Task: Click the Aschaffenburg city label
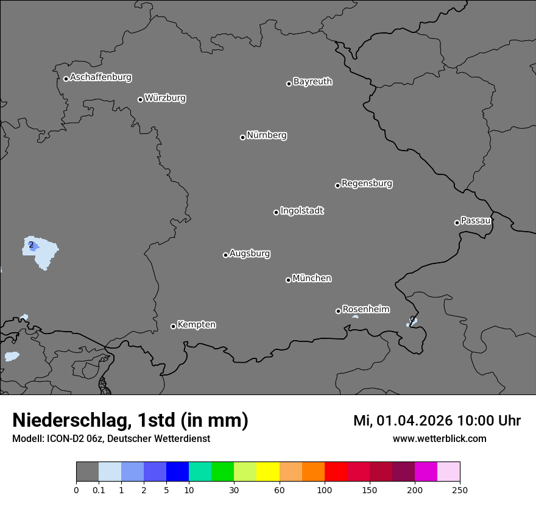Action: point(100,77)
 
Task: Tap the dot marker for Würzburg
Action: point(140,99)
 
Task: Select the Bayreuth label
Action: point(312,82)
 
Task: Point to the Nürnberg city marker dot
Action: point(242,137)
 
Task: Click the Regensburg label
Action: point(367,184)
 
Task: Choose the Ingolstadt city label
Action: point(301,211)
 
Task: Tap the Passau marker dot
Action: point(457,223)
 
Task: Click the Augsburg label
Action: point(250,254)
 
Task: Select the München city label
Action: point(312,279)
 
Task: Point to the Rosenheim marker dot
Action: point(338,312)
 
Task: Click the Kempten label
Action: point(196,325)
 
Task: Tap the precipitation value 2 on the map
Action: point(31,245)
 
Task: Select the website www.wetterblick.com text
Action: point(439,439)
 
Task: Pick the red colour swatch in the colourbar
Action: point(336,472)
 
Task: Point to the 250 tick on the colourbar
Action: point(460,490)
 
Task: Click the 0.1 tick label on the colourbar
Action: point(99,490)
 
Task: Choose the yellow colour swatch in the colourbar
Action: point(267,472)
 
